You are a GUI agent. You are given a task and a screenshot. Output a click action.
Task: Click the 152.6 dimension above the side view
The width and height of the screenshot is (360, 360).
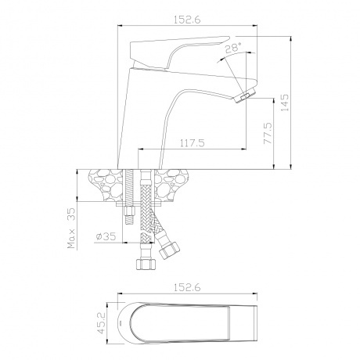coord(187,20)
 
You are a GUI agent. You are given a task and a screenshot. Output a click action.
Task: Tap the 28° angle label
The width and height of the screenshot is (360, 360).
coord(233,48)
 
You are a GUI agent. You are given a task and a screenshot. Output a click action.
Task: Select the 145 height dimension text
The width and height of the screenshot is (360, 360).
coord(285,103)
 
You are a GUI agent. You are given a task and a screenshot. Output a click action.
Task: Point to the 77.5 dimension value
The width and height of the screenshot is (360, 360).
coord(268,133)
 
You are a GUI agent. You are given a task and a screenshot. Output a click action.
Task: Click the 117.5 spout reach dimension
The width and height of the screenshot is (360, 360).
coord(193,143)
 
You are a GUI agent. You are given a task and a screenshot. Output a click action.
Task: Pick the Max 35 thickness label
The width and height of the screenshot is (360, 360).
coord(71,228)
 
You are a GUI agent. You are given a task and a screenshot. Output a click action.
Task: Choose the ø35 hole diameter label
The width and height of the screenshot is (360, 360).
coord(106,236)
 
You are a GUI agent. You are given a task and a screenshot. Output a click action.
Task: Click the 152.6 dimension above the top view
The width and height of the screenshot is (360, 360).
coord(187,287)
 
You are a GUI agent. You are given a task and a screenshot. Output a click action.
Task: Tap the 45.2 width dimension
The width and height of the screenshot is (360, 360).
coord(100,323)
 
